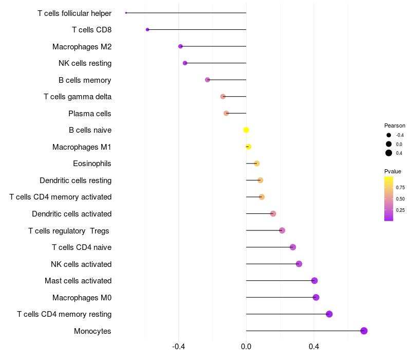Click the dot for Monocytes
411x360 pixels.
[364, 331]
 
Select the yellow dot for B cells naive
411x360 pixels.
[246, 130]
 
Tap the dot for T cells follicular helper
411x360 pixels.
[126, 13]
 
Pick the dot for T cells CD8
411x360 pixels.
[147, 30]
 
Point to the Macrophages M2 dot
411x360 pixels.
[180, 46]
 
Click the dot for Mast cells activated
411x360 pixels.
[314, 281]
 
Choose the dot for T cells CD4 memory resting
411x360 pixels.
[329, 314]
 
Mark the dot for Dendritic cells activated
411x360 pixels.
[273, 214]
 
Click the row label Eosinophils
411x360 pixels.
[92, 164]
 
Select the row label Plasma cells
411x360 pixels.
[90, 114]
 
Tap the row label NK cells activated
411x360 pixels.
[81, 264]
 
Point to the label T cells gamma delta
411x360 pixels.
[78, 97]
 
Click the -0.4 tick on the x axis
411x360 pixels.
[178, 347]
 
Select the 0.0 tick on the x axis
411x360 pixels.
[246, 347]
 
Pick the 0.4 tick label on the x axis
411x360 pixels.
[314, 347]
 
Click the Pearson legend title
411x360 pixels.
[395, 125]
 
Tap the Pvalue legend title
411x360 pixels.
[393, 171]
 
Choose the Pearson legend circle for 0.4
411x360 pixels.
[389, 153]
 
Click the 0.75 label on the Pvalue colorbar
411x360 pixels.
[400, 188]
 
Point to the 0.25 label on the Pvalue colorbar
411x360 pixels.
[400, 210]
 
